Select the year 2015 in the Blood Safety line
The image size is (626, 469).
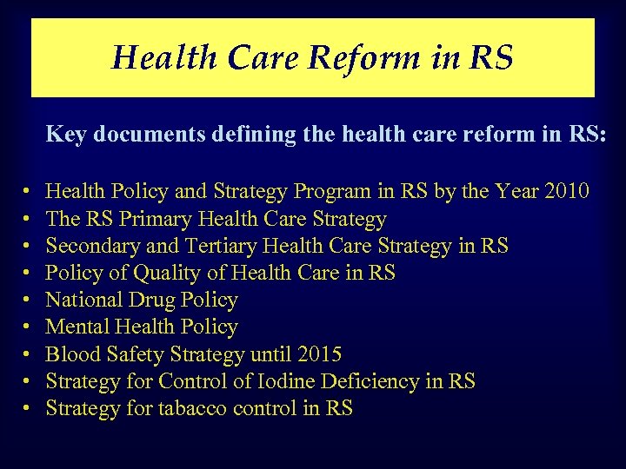coord(318,354)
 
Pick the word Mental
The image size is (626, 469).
coord(76,327)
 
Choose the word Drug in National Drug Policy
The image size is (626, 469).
coord(153,300)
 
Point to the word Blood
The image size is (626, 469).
coord(71,354)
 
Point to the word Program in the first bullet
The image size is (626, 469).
coord(329,191)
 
